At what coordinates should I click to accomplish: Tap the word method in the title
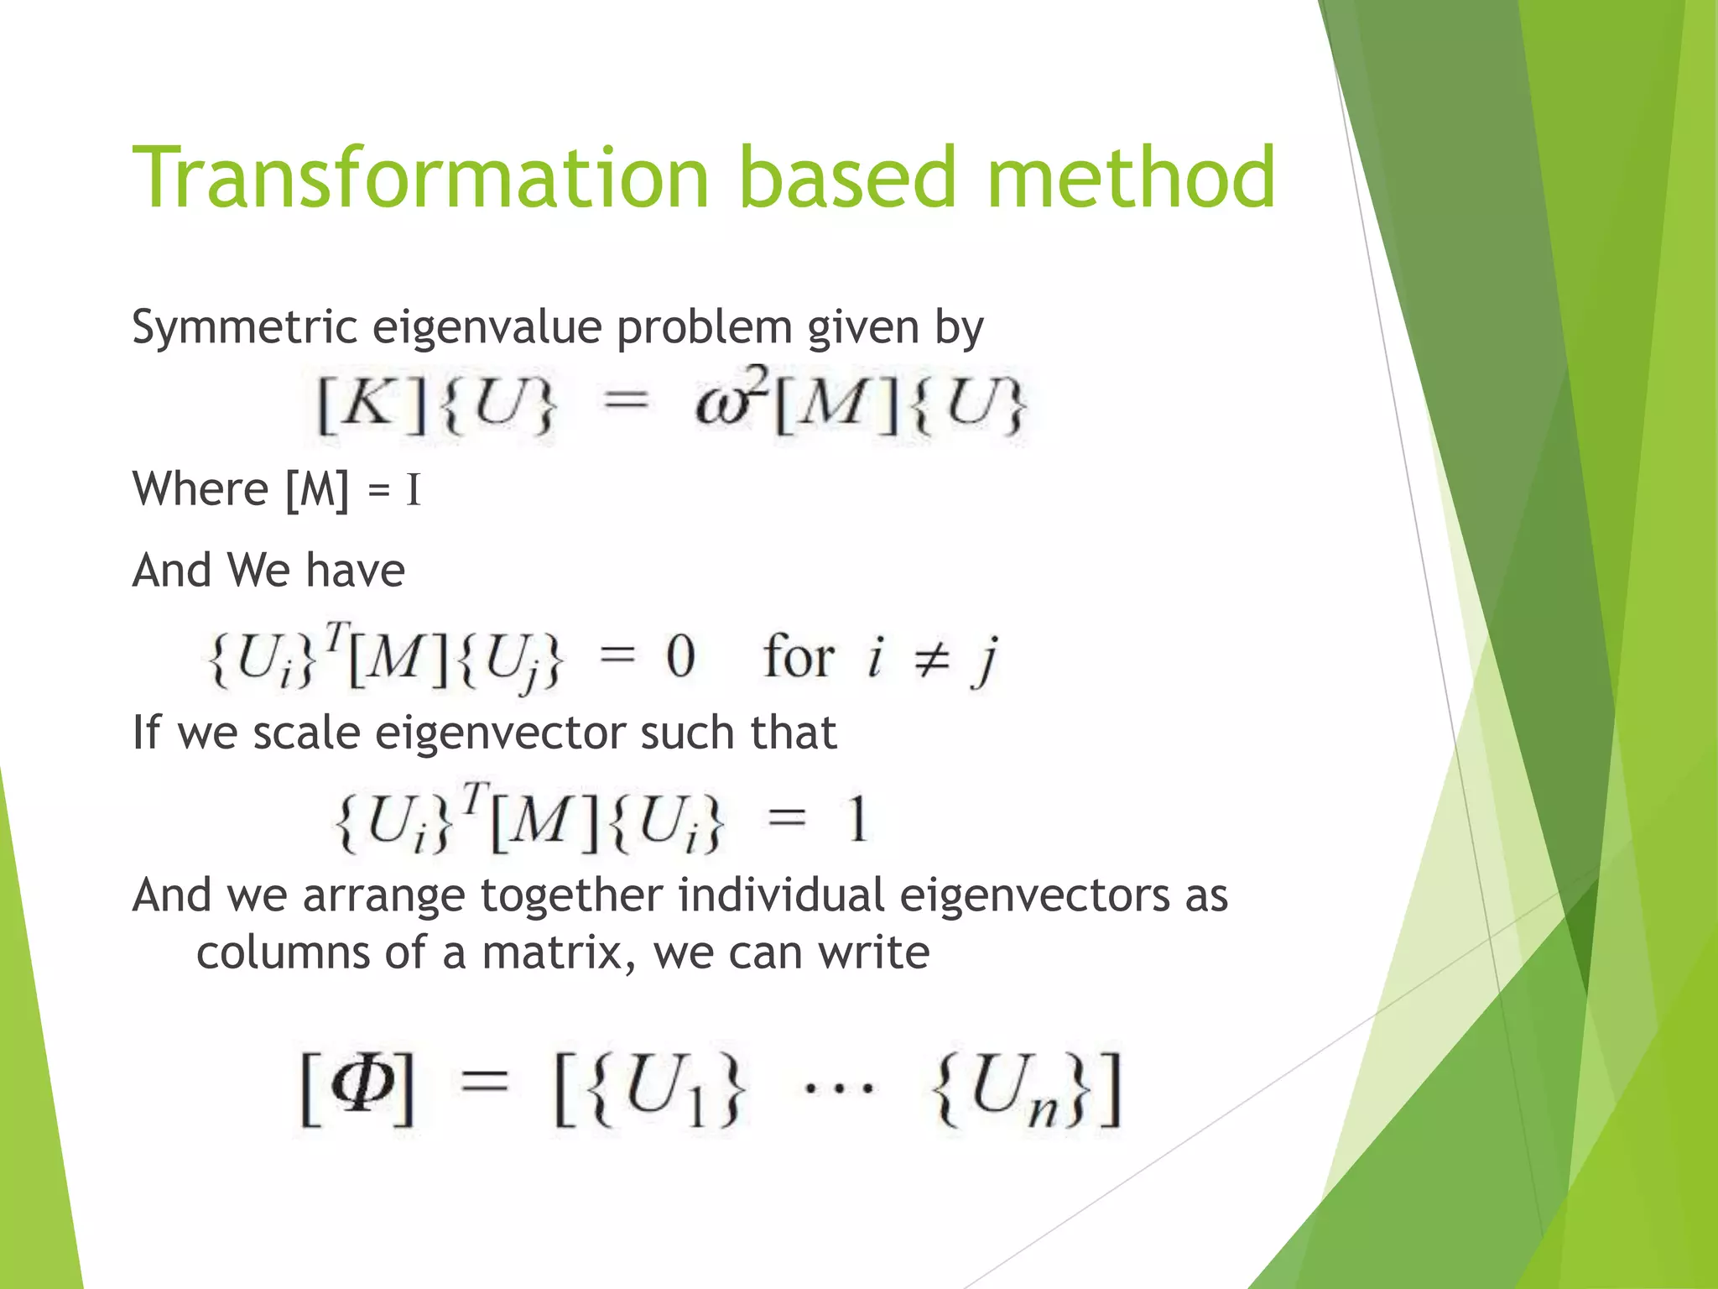(1131, 178)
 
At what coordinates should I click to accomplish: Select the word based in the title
(847, 178)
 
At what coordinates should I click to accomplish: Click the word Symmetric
(244, 328)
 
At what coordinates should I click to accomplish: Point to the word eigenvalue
(487, 328)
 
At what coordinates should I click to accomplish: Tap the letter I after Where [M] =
(412, 491)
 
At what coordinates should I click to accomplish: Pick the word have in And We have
(355, 571)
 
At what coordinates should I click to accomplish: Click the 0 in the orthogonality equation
(680, 657)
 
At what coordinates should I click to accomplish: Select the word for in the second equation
(798, 657)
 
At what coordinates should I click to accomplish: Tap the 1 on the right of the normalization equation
(856, 820)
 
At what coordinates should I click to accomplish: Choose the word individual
(781, 895)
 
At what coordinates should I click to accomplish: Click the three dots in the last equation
(838, 1090)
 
